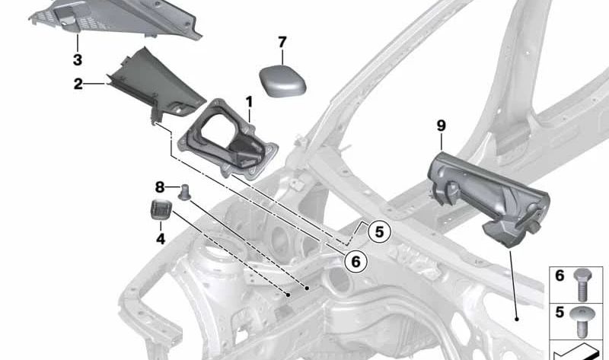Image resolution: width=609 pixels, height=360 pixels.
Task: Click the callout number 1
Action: point(248,100)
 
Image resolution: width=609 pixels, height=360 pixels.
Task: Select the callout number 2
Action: point(78,84)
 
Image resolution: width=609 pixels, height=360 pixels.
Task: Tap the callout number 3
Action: point(78,59)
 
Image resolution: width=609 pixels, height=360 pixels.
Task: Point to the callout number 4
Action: point(160,238)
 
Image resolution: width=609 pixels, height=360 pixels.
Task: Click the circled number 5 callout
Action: point(378,230)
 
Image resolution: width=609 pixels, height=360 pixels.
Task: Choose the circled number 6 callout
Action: point(355,261)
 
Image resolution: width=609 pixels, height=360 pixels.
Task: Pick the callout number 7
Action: point(282,41)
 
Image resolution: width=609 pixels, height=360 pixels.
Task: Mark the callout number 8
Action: point(159,186)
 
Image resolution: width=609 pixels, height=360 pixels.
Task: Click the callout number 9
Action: point(441,126)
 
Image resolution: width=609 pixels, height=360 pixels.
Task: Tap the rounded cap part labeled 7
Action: point(282,78)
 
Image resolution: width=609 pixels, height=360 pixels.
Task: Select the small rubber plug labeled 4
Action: point(158,211)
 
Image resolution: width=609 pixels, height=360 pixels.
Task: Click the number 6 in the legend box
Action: point(560,276)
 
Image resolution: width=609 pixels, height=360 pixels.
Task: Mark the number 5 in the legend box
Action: point(560,311)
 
